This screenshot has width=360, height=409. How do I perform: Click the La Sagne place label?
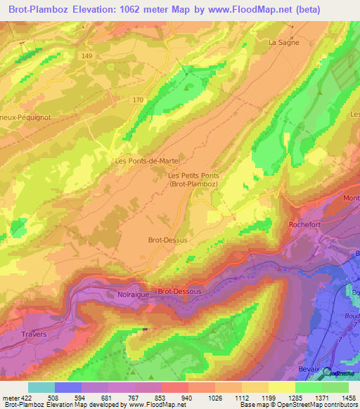pyautogui.click(x=284, y=42)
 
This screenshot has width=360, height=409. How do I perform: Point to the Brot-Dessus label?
pyautogui.click(x=167, y=240)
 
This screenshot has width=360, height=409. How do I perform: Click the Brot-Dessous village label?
pyautogui.click(x=179, y=291)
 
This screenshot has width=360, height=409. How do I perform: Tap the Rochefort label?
pyautogui.click(x=304, y=225)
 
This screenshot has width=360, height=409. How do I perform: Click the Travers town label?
pyautogui.click(x=34, y=334)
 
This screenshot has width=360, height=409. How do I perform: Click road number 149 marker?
pyautogui.click(x=86, y=56)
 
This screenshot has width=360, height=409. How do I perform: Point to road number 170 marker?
pyautogui.click(x=138, y=100)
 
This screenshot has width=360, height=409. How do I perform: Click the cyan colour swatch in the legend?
pyautogui.click(x=41, y=387)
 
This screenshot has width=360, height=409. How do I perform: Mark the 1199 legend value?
pyautogui.click(x=269, y=398)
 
